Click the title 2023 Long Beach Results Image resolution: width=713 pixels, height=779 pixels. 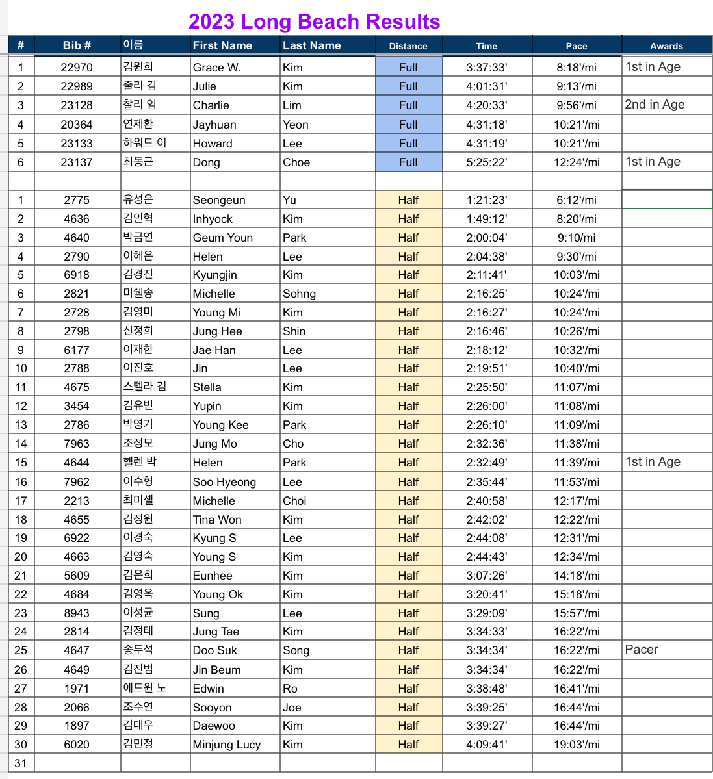tap(314, 21)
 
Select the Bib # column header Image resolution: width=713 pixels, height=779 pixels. tap(77, 45)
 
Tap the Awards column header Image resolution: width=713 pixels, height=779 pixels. tap(666, 46)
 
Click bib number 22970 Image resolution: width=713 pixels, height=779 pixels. tap(77, 68)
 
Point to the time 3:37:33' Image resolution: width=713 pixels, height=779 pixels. tap(486, 68)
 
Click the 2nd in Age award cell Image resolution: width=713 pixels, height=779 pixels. tap(655, 105)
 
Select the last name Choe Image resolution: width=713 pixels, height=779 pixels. tap(296, 162)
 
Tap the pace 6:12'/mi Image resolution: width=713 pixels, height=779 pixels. tap(576, 200)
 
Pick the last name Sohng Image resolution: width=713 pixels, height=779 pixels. tap(299, 294)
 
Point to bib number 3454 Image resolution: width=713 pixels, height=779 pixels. tap(77, 406)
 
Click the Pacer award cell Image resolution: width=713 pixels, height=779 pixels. tap(642, 650)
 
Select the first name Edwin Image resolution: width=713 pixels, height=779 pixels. tap(208, 689)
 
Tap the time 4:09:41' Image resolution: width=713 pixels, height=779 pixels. tap(486, 745)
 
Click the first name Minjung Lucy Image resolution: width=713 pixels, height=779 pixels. tap(227, 745)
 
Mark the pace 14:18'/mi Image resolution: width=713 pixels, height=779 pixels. tap(576, 576)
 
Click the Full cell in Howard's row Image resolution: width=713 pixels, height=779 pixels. tap(408, 144)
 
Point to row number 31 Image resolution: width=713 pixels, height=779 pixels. tap(21, 763)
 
